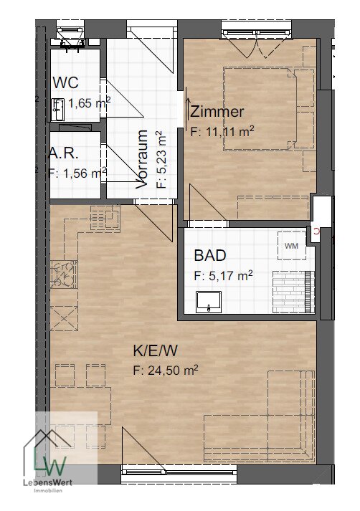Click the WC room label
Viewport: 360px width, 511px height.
pos(65,82)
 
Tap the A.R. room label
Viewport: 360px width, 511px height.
pos(63,153)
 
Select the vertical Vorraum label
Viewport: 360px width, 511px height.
pos(142,159)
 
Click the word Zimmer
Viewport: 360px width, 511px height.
pos(217,112)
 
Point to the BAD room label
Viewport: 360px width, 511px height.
pos(210,255)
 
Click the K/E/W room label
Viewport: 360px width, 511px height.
pos(155,350)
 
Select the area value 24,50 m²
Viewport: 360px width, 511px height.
pos(173,371)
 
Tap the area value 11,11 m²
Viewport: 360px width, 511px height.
pos(229,132)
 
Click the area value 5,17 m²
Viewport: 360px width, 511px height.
pos(230,276)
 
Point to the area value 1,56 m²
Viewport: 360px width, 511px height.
pos(85,173)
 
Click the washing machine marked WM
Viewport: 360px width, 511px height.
pos(292,246)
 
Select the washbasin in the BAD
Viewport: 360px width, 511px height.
pos(209,302)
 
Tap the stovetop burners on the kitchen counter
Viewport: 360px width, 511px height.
pos(64,274)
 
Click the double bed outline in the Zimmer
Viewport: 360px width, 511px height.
pos(260,109)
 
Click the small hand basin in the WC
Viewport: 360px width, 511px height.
pos(58,109)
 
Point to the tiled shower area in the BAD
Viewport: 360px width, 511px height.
pos(293,292)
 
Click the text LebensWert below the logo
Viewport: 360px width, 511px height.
pos(48,482)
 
